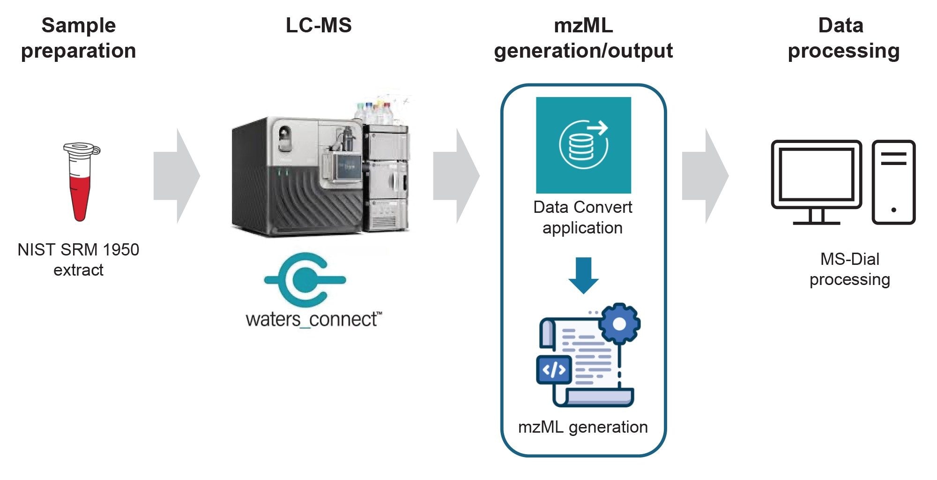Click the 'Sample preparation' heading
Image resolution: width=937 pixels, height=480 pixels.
pyautogui.click(x=79, y=38)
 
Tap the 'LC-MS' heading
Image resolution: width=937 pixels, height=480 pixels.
pyautogui.click(x=319, y=25)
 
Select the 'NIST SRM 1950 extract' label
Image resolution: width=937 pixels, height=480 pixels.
pyautogui.click(x=78, y=260)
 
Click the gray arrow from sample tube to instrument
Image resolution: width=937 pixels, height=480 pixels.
pyautogui.click(x=177, y=176)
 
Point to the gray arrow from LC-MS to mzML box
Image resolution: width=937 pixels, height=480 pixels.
pyautogui.click(x=456, y=176)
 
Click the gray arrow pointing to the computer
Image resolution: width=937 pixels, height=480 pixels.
pyautogui.click(x=705, y=176)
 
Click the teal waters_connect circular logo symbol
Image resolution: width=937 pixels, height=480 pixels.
pyautogui.click(x=305, y=280)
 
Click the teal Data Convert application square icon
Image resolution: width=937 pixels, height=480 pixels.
pyautogui.click(x=583, y=145)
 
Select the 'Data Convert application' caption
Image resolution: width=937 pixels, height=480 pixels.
pyautogui.click(x=583, y=217)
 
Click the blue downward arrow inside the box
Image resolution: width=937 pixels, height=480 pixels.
pyautogui.click(x=583, y=275)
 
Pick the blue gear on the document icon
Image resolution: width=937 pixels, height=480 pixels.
pyautogui.click(x=619, y=324)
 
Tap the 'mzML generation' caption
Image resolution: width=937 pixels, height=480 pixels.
pyautogui.click(x=583, y=427)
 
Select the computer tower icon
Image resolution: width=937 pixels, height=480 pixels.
pyautogui.click(x=893, y=182)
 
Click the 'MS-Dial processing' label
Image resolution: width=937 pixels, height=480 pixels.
pyautogui.click(x=849, y=269)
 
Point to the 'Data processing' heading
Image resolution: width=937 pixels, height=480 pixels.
pyautogui.click(x=843, y=38)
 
